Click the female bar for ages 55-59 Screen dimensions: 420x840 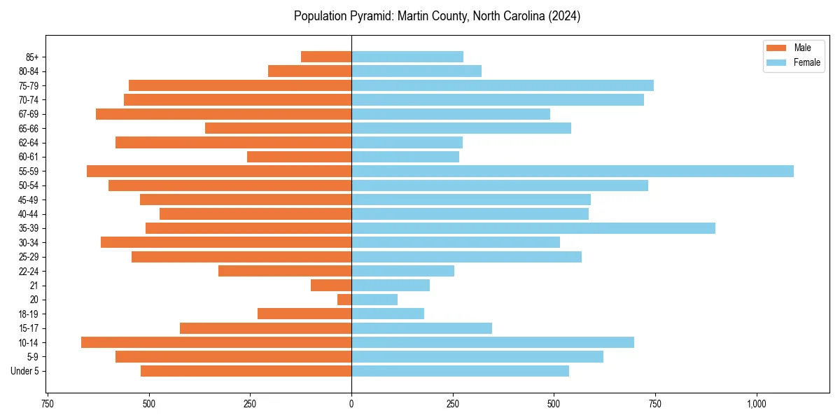(x=572, y=171)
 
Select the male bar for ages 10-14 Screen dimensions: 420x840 (x=216, y=342)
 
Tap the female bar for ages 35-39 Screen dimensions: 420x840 (x=533, y=228)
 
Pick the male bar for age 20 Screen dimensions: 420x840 (x=344, y=300)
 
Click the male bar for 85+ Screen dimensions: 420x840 (x=326, y=57)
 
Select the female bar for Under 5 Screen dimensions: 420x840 (x=460, y=371)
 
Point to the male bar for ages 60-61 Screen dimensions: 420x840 (x=299, y=157)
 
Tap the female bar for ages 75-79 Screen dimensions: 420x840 (x=502, y=85)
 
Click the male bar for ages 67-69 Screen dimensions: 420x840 (x=223, y=114)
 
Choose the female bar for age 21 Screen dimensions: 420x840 (x=390, y=286)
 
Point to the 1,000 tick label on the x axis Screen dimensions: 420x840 (x=756, y=404)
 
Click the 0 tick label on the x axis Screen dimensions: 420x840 (x=351, y=404)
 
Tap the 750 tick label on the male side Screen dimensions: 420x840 (x=48, y=404)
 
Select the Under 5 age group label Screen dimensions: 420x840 (x=24, y=371)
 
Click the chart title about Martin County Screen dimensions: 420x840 (x=437, y=16)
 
